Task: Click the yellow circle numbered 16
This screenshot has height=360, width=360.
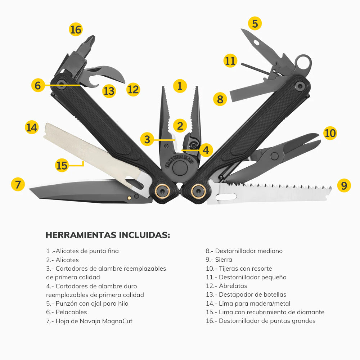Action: tap(76, 30)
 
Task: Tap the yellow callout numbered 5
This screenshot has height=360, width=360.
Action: tap(255, 24)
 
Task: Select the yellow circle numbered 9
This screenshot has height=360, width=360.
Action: tap(344, 185)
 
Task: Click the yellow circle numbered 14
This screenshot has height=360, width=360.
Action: tap(32, 127)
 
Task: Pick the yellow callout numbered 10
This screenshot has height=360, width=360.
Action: tap(330, 133)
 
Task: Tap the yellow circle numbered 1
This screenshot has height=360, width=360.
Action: tap(180, 86)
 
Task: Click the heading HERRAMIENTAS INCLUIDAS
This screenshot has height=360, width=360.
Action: tap(108, 235)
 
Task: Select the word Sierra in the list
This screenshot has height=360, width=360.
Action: tap(224, 260)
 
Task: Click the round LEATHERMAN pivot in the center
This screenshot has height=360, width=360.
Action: tap(179, 168)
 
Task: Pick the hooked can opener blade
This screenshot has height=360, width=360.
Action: tap(108, 72)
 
